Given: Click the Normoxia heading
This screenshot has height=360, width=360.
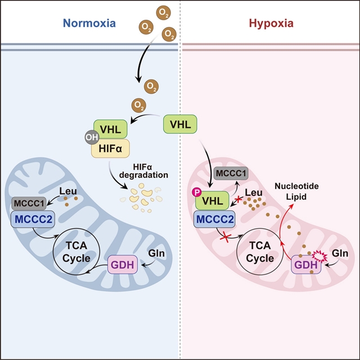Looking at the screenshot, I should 89,24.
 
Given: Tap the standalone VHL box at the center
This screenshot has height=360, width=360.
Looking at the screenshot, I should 180,124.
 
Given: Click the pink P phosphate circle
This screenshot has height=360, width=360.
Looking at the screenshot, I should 197,192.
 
